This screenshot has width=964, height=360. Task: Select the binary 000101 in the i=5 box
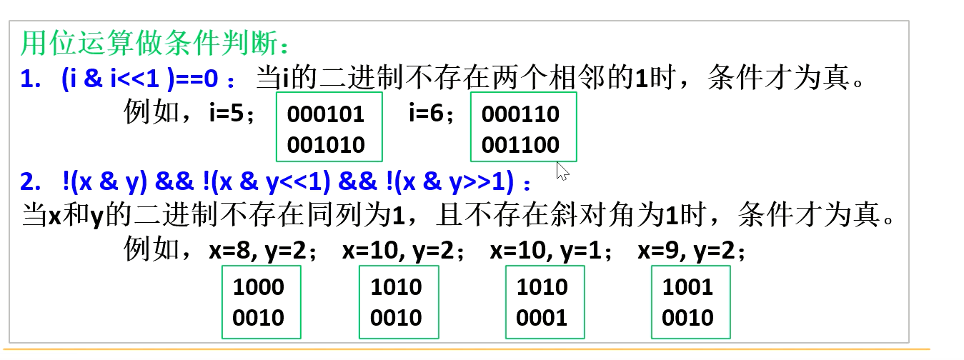coord(325,114)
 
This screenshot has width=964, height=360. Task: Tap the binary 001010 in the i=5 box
coord(325,145)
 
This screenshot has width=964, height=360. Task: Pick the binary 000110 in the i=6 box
coord(520,114)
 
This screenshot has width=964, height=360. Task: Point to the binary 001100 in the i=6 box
coord(520,145)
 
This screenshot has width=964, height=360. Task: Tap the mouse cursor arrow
coord(562,171)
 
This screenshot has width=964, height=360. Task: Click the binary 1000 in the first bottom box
coord(259,287)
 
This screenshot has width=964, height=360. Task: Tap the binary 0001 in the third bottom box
coord(542,318)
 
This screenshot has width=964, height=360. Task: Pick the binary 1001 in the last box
coord(687,287)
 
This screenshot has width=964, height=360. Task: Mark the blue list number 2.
coord(31,183)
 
